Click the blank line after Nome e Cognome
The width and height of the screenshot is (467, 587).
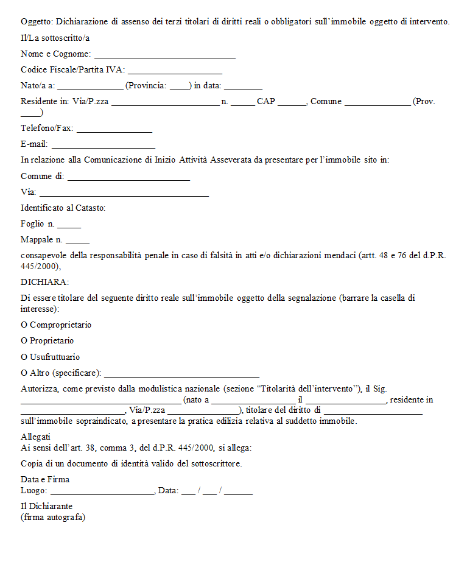pyautogui.click(x=165, y=55)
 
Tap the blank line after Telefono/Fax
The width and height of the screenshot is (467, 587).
pyautogui.click(x=114, y=130)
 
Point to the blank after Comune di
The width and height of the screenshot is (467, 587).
pyautogui.click(x=128, y=178)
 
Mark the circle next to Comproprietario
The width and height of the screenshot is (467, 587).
pyautogui.click(x=24, y=325)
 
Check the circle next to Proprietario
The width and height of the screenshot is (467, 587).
pyautogui.click(x=24, y=341)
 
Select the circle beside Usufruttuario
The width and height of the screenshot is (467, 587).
pyautogui.click(x=24, y=357)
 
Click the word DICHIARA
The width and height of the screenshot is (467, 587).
pyautogui.click(x=44, y=283)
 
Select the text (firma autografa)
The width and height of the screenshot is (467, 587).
pyautogui.click(x=53, y=518)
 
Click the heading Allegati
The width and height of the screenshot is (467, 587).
pyautogui.click(x=35, y=437)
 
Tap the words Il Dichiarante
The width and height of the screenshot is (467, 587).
pyautogui.click(x=46, y=507)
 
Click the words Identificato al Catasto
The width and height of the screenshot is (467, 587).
pyautogui.click(x=63, y=208)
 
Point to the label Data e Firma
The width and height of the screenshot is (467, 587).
pyautogui.click(x=45, y=480)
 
